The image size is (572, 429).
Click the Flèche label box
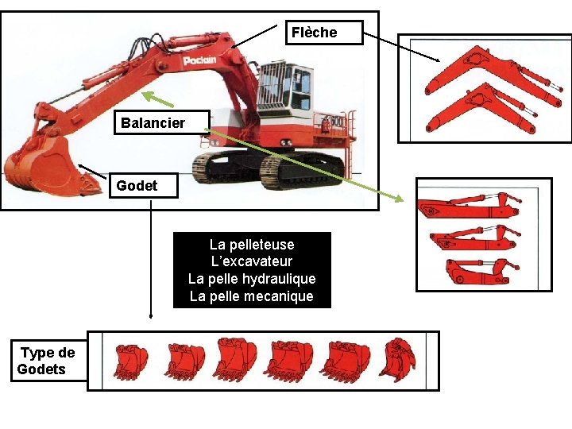tap(324, 33)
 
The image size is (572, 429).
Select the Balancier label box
tap(162, 122)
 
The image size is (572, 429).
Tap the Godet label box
tap(144, 186)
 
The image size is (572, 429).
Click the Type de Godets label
tap(48, 361)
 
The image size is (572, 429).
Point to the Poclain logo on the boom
tap(199, 60)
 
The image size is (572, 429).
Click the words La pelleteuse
tap(252, 245)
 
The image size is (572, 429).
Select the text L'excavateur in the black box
tap(252, 261)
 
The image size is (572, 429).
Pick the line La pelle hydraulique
tap(252, 279)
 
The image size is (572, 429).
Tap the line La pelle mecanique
tap(252, 296)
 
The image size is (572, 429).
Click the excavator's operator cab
tap(284, 87)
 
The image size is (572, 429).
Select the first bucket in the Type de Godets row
tap(131, 361)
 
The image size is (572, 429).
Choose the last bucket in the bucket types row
tap(398, 360)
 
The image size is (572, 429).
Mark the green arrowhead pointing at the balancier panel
tap(398, 197)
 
